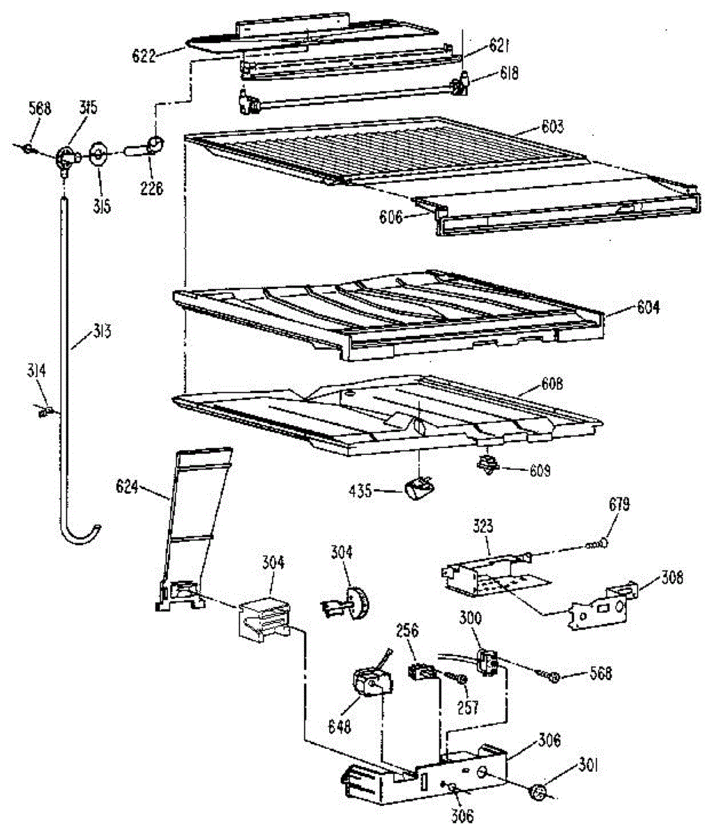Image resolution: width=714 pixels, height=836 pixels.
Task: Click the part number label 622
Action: pos(144,55)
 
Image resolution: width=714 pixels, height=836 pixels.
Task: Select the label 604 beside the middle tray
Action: pos(648,307)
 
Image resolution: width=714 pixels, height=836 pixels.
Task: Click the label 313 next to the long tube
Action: pos(101,332)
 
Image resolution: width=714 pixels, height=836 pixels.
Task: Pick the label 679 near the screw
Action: pos(619,504)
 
